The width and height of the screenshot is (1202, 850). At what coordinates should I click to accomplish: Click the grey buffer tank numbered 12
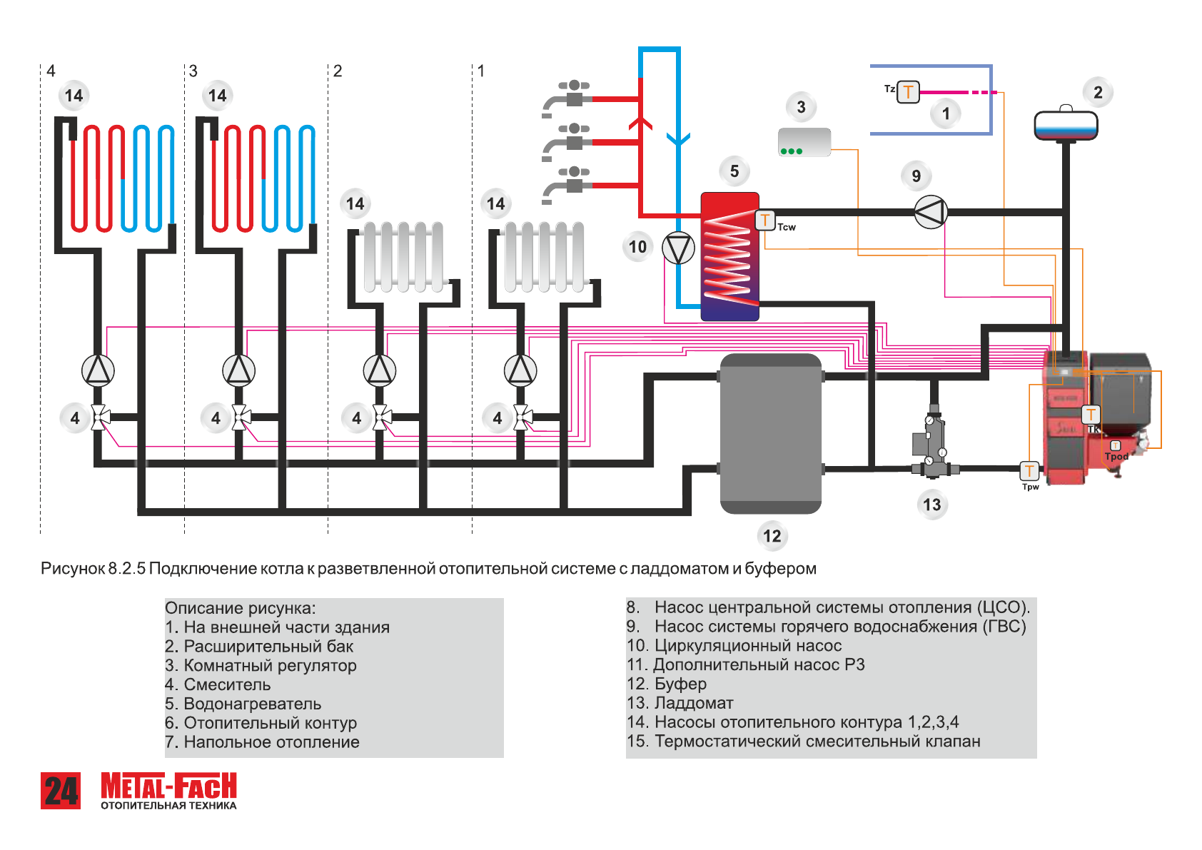tap(771, 433)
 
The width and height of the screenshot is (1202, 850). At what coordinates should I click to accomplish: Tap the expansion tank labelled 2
tap(1066, 126)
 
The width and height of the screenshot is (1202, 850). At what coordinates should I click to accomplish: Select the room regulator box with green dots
tap(804, 142)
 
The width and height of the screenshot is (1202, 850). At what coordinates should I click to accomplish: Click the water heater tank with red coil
tap(729, 256)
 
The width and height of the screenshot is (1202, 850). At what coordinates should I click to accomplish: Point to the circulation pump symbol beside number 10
tap(678, 248)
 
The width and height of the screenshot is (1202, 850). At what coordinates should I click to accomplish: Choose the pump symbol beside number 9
tap(930, 212)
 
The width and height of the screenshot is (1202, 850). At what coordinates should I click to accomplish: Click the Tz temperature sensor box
tap(908, 92)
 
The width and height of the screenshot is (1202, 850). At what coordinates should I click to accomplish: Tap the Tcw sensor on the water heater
tap(765, 220)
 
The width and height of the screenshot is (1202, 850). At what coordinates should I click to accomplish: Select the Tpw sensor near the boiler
tap(1029, 470)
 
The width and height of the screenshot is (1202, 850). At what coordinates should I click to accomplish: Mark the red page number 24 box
tap(61, 791)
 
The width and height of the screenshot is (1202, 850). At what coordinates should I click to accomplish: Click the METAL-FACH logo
tap(168, 790)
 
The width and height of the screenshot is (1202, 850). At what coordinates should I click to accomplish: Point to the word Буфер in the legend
tap(680, 684)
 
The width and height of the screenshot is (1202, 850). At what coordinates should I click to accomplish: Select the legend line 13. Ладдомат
tap(680, 703)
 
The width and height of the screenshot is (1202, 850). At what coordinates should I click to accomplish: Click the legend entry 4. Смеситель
tap(218, 684)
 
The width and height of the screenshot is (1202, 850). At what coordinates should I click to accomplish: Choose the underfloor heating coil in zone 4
tap(122, 178)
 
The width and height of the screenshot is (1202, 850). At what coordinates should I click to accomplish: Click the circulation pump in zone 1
tap(520, 370)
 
